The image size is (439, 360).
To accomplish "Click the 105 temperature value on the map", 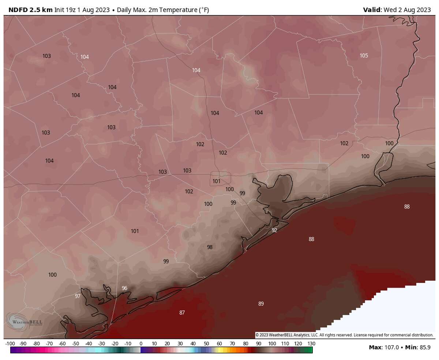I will (x=364, y=56).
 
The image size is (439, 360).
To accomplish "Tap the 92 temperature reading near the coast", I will (x=274, y=230).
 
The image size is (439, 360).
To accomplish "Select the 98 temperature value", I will (x=210, y=247).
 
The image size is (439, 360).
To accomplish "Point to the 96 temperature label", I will (x=124, y=288).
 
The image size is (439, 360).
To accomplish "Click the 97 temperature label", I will (x=78, y=296).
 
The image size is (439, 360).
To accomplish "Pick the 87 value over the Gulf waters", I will (x=182, y=312).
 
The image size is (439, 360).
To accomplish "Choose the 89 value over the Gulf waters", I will (x=261, y=304).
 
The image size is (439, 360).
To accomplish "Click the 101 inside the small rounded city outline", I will (x=216, y=181).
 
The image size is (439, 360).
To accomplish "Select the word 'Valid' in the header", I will (x=372, y=10).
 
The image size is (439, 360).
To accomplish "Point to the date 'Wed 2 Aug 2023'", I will (x=407, y=10).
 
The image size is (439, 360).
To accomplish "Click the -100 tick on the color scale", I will (x=10, y=344).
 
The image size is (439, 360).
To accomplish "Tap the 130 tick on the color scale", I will (x=311, y=344).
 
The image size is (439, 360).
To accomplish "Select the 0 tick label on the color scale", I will (x=141, y=344).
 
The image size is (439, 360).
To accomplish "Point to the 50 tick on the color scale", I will (x=206, y=344).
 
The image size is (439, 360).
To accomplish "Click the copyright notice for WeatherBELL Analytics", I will (x=344, y=335).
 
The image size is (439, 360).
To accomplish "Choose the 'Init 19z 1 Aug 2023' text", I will (x=82, y=10).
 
